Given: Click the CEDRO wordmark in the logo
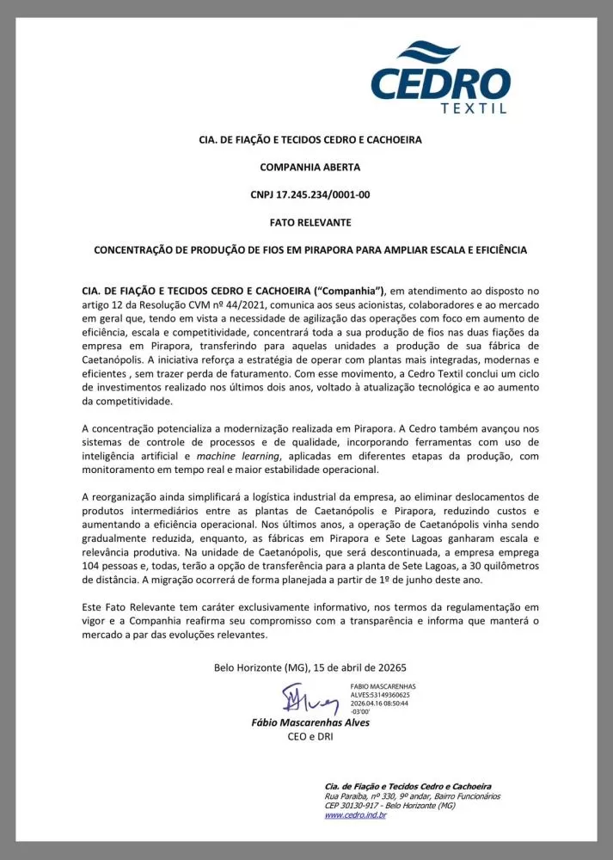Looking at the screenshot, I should coord(440,83).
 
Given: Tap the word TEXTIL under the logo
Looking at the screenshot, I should coord(473,108).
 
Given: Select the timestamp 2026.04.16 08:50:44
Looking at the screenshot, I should coord(379,703).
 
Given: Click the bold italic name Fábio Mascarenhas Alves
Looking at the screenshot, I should coord(310,723).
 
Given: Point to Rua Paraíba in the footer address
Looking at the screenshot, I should coord(344,796).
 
